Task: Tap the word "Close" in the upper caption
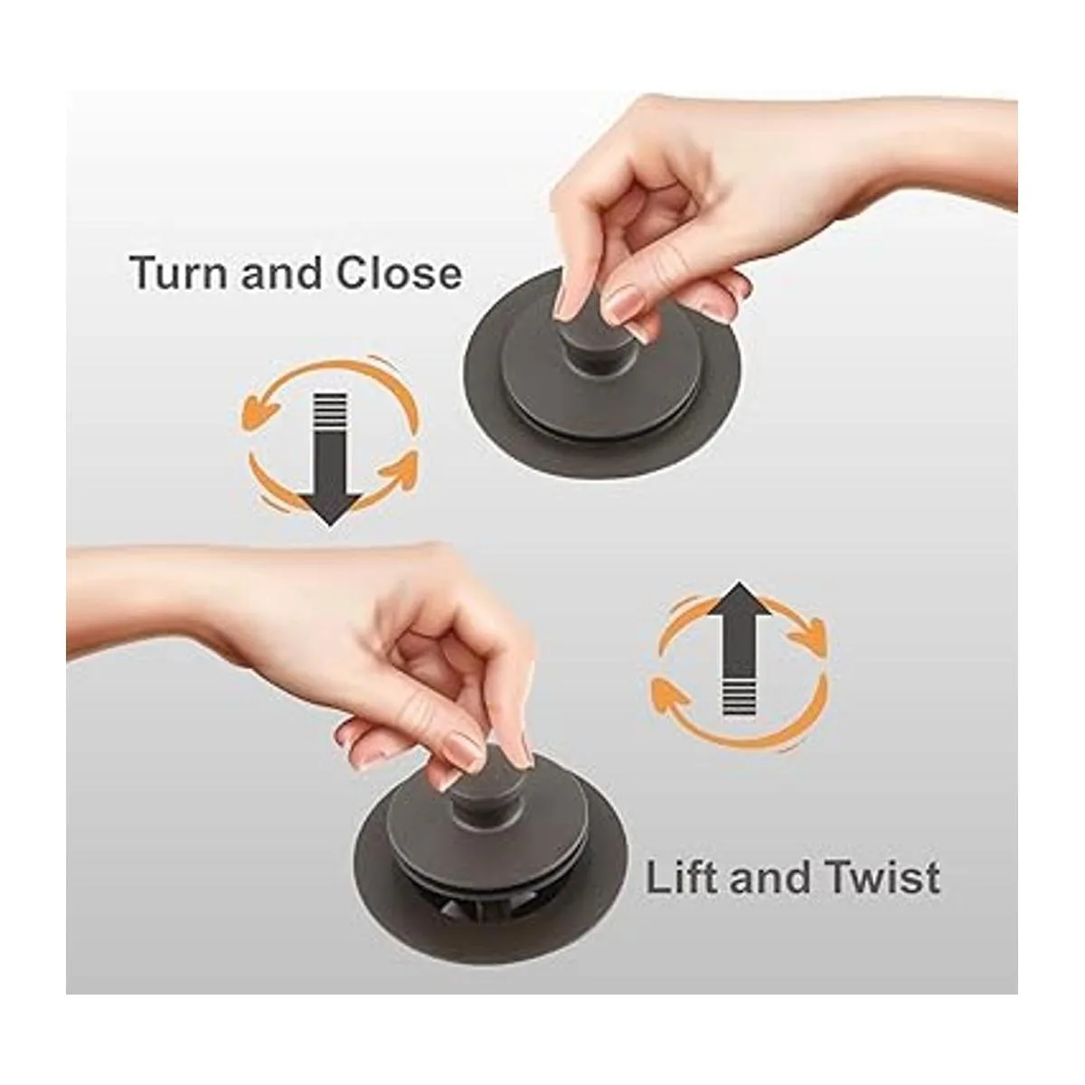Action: (x=400, y=273)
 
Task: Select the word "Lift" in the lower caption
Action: (x=682, y=878)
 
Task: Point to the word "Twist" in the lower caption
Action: (x=878, y=878)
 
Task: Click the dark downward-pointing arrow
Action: (x=330, y=459)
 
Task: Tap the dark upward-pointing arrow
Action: (x=740, y=649)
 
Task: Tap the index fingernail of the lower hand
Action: (x=464, y=750)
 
